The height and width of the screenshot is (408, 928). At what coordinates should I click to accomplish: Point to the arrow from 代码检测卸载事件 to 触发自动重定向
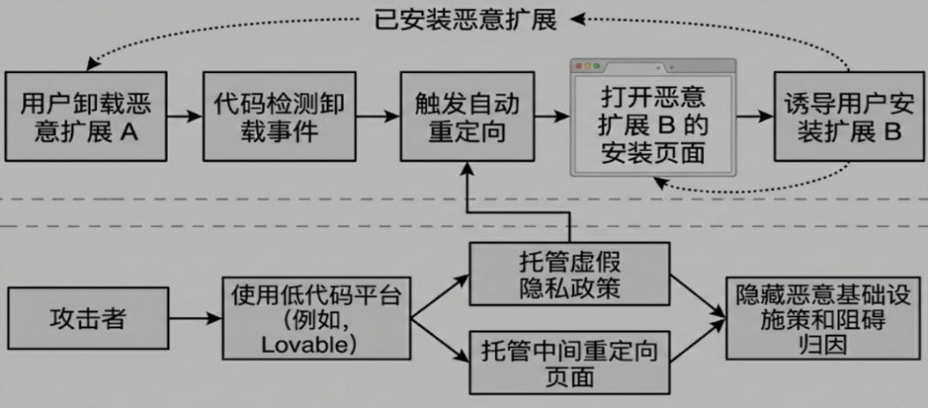pos(376,115)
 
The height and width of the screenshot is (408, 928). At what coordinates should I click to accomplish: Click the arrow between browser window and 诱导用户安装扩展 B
pos(754,115)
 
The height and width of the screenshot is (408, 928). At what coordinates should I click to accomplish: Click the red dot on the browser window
pos(579,66)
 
